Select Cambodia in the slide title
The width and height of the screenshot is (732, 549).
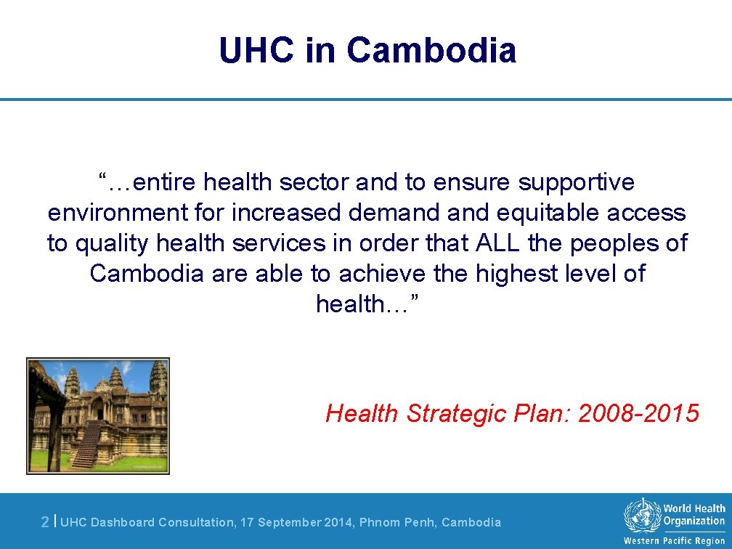tap(431, 51)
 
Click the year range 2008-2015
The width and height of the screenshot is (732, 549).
tap(638, 413)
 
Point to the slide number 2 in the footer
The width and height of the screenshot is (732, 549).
tap(45, 521)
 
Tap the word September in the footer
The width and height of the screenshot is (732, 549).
tap(287, 522)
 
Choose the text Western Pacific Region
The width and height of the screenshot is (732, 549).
tap(674, 541)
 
